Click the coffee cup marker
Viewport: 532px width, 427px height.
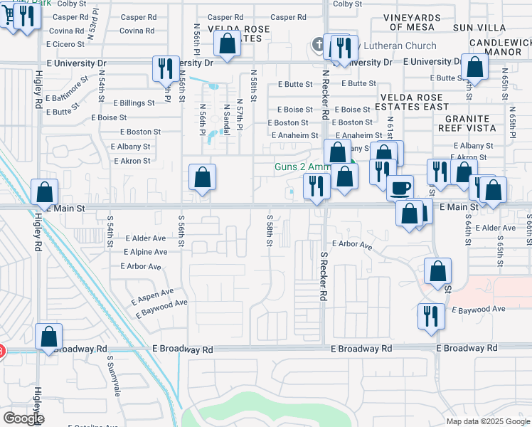point(400,187)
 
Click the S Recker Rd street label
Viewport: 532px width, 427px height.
point(324,275)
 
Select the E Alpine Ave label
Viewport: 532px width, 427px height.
point(145,252)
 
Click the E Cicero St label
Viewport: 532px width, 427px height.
point(65,44)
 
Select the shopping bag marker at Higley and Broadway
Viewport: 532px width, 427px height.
point(48,337)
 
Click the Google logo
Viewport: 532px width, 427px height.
point(23,418)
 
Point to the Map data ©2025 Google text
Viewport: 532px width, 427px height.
point(488,421)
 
